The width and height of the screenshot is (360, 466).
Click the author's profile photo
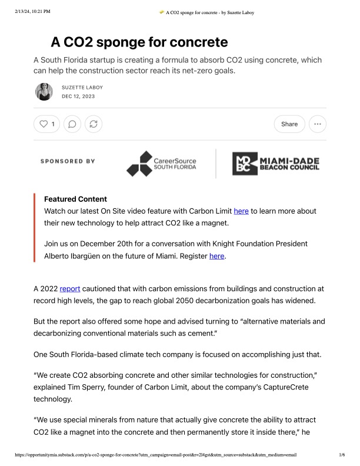pos(44,91)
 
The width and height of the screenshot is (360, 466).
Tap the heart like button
pos(47,124)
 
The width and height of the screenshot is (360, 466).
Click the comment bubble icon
pos(72,124)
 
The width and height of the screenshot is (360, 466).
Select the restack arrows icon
pos(93,124)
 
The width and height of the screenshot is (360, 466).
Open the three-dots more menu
pos(318,124)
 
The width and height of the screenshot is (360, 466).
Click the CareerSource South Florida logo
pos(162,164)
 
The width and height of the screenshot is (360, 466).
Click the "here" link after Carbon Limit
pos(241,211)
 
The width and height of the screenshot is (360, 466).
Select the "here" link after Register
pos(217,256)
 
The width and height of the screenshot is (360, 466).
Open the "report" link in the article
pos(70,289)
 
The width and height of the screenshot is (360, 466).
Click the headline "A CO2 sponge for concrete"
pos(139,42)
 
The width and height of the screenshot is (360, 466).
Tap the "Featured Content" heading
pos(75,199)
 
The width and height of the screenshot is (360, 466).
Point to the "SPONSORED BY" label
pos(68,161)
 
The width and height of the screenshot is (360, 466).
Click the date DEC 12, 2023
pos(78,96)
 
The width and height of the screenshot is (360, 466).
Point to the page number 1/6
pos(342,455)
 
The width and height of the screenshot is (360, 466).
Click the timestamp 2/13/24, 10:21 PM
pos(32,11)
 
